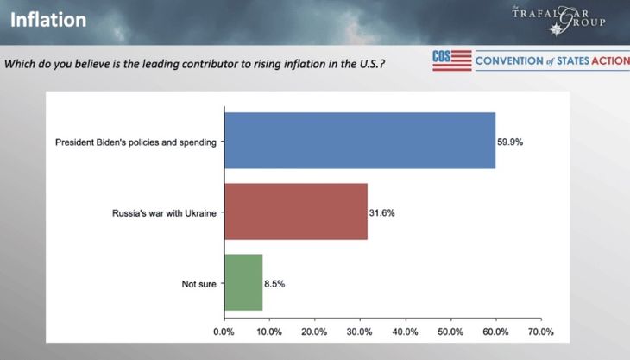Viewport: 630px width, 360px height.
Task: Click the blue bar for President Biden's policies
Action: pyautogui.click(x=359, y=141)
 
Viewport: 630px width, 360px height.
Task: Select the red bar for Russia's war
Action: pyautogui.click(x=295, y=212)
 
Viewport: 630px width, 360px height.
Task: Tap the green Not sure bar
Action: pyautogui.click(x=243, y=282)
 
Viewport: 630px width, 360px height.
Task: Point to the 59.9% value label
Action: pyautogui.click(x=510, y=141)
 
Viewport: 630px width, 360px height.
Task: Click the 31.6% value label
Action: pyautogui.click(x=382, y=212)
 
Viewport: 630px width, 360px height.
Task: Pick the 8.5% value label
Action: pyautogui.click(x=276, y=283)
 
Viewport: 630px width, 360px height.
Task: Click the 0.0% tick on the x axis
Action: pyautogui.click(x=224, y=332)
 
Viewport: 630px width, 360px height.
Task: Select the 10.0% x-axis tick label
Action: pyautogui.click(x=269, y=332)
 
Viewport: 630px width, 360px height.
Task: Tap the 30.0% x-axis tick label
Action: pyautogui.click(x=360, y=332)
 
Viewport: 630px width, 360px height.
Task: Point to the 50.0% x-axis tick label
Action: pyautogui.click(x=450, y=332)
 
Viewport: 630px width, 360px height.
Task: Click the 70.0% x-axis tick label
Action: pyautogui.click(x=540, y=332)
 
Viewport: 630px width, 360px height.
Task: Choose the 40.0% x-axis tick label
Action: pyautogui.click(x=405, y=332)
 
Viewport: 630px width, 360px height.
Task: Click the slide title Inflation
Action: pyautogui.click(x=48, y=19)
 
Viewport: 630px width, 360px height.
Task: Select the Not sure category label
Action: pyautogui.click(x=201, y=283)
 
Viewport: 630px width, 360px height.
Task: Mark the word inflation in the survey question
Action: pyautogui.click(x=307, y=63)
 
